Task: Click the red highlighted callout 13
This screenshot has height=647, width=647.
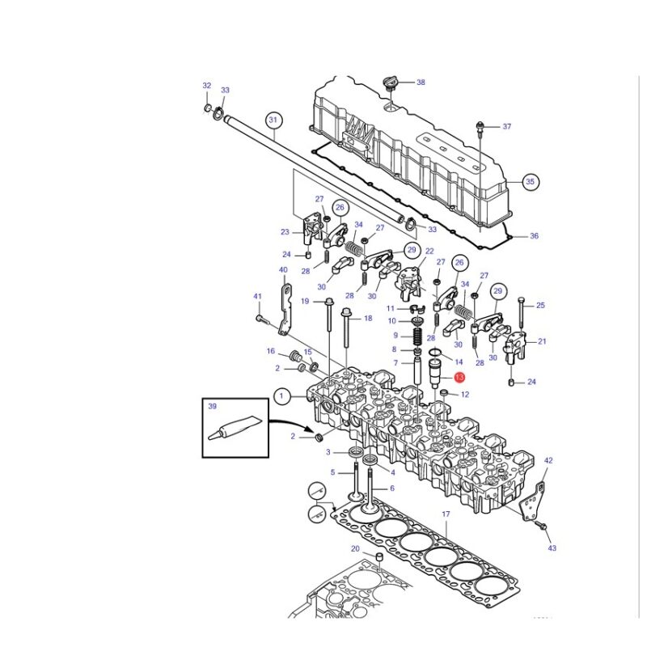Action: pyautogui.click(x=459, y=377)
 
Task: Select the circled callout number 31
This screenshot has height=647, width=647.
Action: pyautogui.click(x=273, y=120)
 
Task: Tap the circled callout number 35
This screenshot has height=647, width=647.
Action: pyautogui.click(x=531, y=181)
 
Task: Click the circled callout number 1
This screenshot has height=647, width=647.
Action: pyautogui.click(x=281, y=397)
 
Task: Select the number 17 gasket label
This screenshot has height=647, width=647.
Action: pyautogui.click(x=446, y=514)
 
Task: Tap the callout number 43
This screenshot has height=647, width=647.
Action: pyautogui.click(x=552, y=548)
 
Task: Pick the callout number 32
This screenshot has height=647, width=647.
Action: pyautogui.click(x=207, y=86)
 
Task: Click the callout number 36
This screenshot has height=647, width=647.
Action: pyautogui.click(x=534, y=236)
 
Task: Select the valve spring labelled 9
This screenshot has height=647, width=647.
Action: pyautogui.click(x=418, y=335)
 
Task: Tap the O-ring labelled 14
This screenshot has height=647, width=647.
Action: pyautogui.click(x=436, y=353)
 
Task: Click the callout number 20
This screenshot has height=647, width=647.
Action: pyautogui.click(x=355, y=549)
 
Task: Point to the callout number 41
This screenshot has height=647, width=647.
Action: pyautogui.click(x=257, y=296)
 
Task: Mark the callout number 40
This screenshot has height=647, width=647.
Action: pyautogui.click(x=283, y=270)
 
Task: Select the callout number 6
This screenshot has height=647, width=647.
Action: pyautogui.click(x=392, y=488)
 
